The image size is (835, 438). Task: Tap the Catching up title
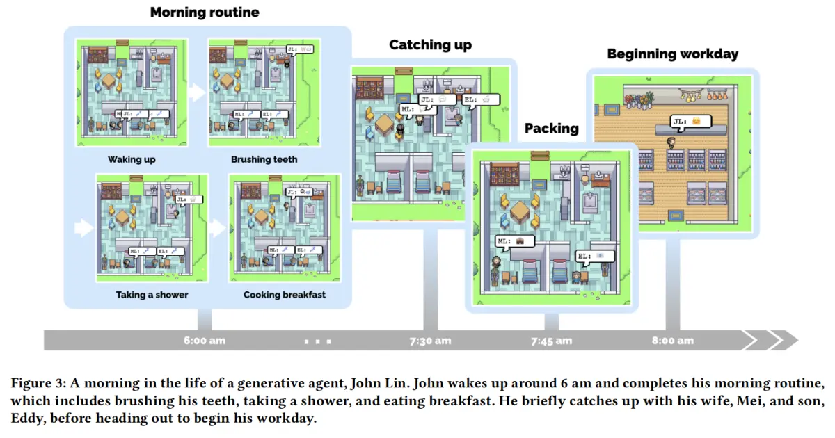click(x=430, y=45)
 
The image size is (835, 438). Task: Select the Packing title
click(x=551, y=129)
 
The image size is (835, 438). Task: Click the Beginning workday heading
click(x=672, y=54)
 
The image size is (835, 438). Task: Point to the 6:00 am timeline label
click(x=205, y=341)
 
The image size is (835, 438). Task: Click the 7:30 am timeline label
click(x=430, y=341)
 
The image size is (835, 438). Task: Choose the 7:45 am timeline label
click(x=551, y=341)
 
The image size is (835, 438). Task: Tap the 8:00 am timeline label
click(x=672, y=341)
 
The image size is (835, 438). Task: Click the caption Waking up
click(x=132, y=159)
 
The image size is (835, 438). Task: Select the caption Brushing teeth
click(x=264, y=159)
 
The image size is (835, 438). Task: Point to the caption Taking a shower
click(x=152, y=295)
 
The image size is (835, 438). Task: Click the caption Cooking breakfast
click(x=284, y=295)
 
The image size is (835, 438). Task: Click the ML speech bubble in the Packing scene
click(x=514, y=241)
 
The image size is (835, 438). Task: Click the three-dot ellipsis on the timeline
click(x=319, y=341)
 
